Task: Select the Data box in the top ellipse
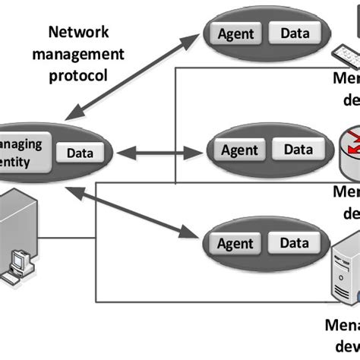click(x=292, y=33)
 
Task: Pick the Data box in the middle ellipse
click(x=293, y=149)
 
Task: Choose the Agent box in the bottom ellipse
click(x=235, y=245)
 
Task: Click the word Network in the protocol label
click(x=77, y=33)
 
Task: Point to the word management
click(x=77, y=55)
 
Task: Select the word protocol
click(x=77, y=76)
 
